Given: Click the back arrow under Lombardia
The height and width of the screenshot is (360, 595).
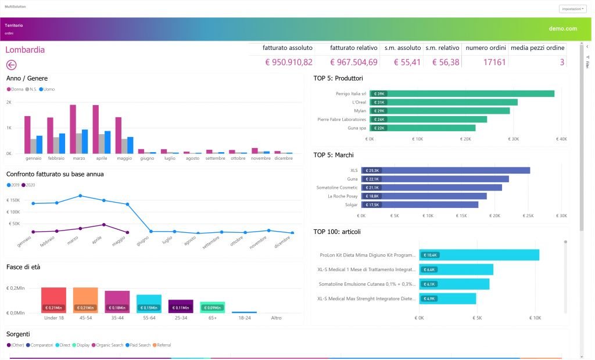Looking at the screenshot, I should point(11,65).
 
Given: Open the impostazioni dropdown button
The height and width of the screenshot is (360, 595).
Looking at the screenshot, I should point(572,9).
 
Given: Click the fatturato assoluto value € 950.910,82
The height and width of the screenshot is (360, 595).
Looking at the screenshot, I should point(289,62).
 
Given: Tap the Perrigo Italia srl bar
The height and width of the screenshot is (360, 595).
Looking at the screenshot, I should point(461,93).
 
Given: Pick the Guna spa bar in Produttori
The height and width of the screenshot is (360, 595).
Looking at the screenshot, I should point(422,128).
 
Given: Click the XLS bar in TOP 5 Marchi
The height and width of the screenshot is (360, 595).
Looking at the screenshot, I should point(445,170).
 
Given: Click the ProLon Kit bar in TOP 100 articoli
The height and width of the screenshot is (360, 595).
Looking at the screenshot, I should point(479,255).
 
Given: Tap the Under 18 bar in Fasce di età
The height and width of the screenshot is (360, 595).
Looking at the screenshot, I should point(53,300).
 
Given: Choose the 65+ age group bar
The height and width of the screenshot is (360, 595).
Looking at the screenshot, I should point(212,307).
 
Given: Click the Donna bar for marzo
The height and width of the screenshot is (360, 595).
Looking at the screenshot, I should point(73,129).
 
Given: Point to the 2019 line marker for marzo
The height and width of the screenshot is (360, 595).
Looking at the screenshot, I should point(80,196).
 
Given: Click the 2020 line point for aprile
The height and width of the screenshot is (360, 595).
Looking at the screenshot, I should point(104,225).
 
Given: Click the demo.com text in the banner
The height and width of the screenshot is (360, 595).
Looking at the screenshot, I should point(562,28).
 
